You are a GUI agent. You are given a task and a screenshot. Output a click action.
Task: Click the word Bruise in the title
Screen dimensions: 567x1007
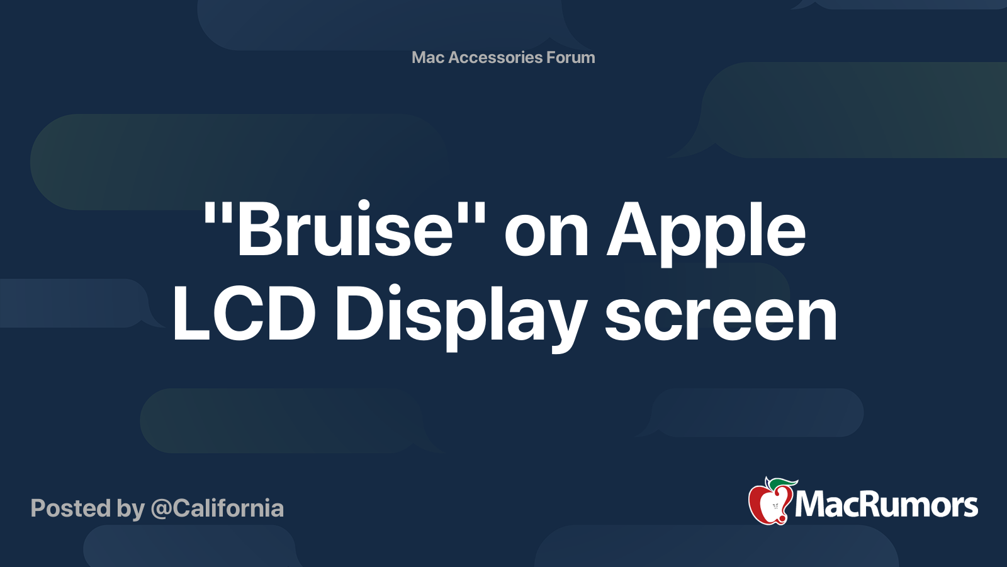pyautogui.click(x=345, y=230)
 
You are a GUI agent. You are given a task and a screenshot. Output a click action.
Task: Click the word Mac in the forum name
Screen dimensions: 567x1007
pyautogui.click(x=428, y=57)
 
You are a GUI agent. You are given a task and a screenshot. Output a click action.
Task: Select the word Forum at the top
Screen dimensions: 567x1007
pyautogui.click(x=570, y=57)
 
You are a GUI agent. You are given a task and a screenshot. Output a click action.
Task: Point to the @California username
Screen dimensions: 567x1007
pyautogui.click(x=217, y=508)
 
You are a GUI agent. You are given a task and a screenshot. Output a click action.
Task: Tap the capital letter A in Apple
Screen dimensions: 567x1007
pyautogui.click(x=630, y=230)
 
